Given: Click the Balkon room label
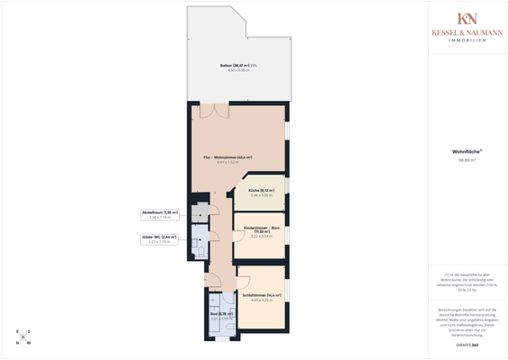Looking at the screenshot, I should [237, 66].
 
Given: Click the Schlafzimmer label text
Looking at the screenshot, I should [261, 294].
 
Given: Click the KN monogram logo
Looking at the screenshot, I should [467, 19].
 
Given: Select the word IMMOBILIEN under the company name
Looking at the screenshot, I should [467, 40].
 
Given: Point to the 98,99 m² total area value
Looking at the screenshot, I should [467, 160].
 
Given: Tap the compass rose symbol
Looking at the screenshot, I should [22, 337].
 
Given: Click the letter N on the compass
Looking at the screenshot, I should [28, 343].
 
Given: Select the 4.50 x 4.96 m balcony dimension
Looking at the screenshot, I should [237, 71].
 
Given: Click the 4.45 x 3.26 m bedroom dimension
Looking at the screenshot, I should [261, 300].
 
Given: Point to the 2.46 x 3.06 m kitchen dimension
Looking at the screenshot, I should [261, 195].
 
